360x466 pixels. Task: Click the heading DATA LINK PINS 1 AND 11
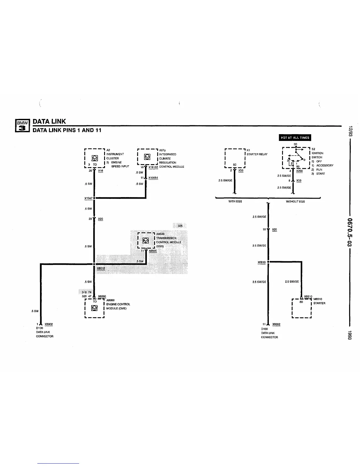[67, 130]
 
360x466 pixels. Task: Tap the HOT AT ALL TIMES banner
[295, 138]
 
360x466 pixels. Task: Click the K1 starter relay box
[235, 158]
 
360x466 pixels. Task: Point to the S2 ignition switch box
[296, 158]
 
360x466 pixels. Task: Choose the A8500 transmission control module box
[146, 241]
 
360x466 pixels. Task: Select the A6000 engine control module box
[94, 308]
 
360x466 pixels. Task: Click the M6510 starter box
[301, 308]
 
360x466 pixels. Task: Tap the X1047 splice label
[88, 198]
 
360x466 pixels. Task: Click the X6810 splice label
[261, 262]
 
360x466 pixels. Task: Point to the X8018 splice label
[101, 268]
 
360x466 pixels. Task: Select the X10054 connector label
[153, 178]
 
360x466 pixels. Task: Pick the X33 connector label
[299, 181]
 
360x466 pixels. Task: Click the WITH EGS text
[235, 202]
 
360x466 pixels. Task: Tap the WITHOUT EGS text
[295, 202]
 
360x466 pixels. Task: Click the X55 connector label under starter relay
[241, 170]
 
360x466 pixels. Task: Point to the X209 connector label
[299, 171]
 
